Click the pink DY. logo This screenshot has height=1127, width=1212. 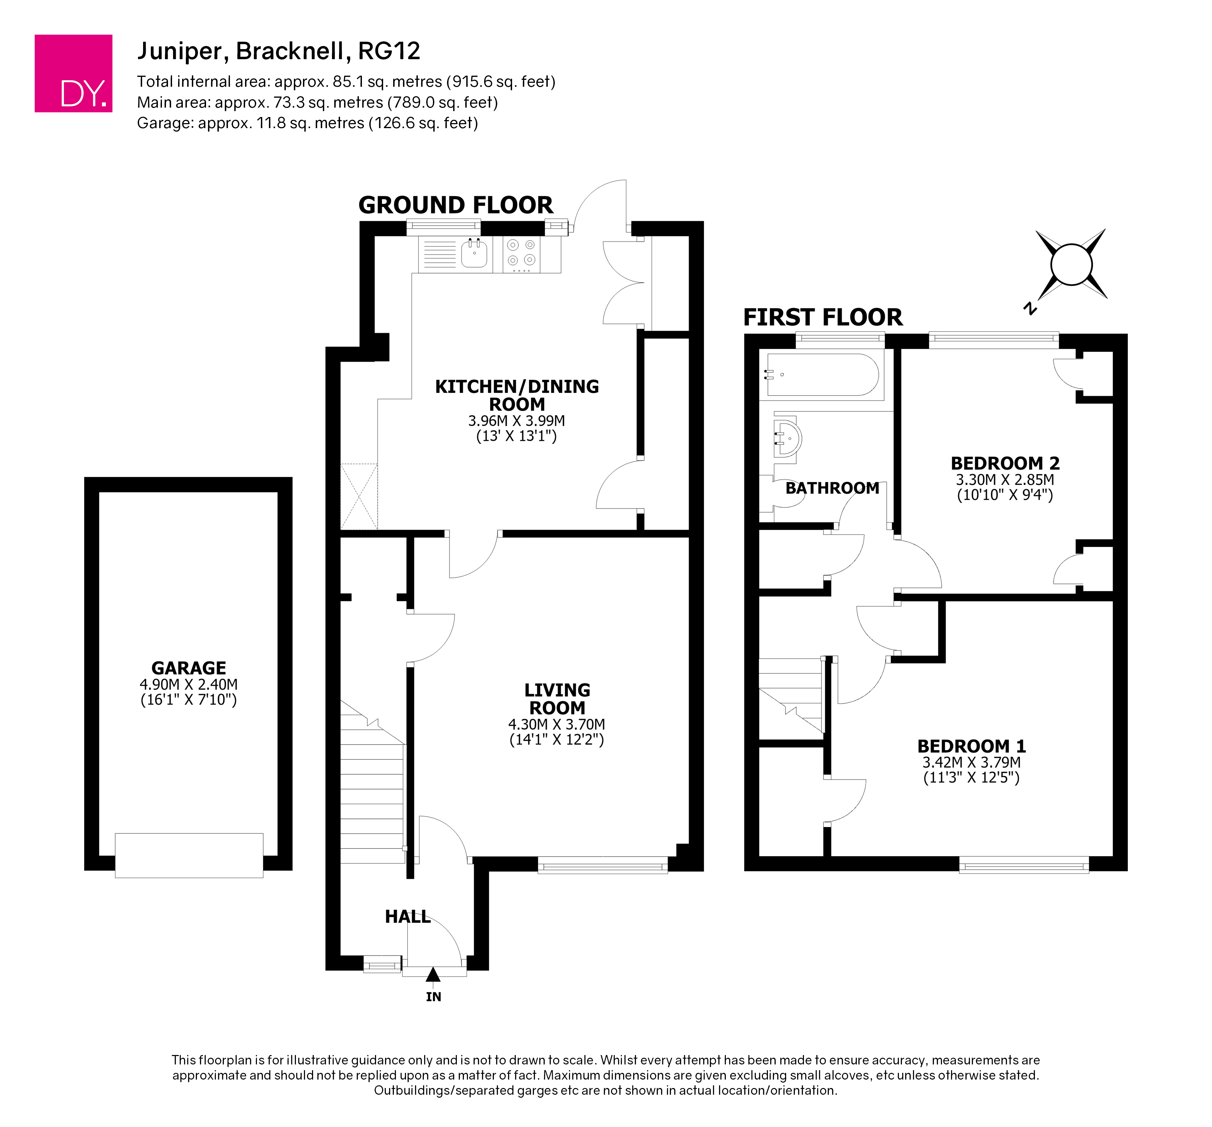coord(73,73)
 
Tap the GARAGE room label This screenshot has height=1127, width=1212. coord(189,668)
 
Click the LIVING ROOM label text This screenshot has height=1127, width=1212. coord(557,699)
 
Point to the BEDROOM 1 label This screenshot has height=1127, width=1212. coord(972,746)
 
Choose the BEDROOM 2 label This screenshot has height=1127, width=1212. coord(1005,463)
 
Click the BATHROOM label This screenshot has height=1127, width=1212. coord(832,488)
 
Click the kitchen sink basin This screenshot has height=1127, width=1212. coord(474,254)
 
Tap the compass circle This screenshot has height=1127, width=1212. coord(1071,264)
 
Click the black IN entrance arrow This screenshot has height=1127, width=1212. coord(433,975)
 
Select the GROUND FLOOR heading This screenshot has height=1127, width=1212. coord(456,205)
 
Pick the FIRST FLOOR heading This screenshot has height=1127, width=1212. coord(822,317)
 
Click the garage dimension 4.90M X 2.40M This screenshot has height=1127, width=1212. coord(189,684)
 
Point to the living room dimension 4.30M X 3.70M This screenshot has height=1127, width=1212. coord(557,724)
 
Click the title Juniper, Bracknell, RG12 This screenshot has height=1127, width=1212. coord(279,51)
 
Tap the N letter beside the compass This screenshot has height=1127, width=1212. coord(1030,308)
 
